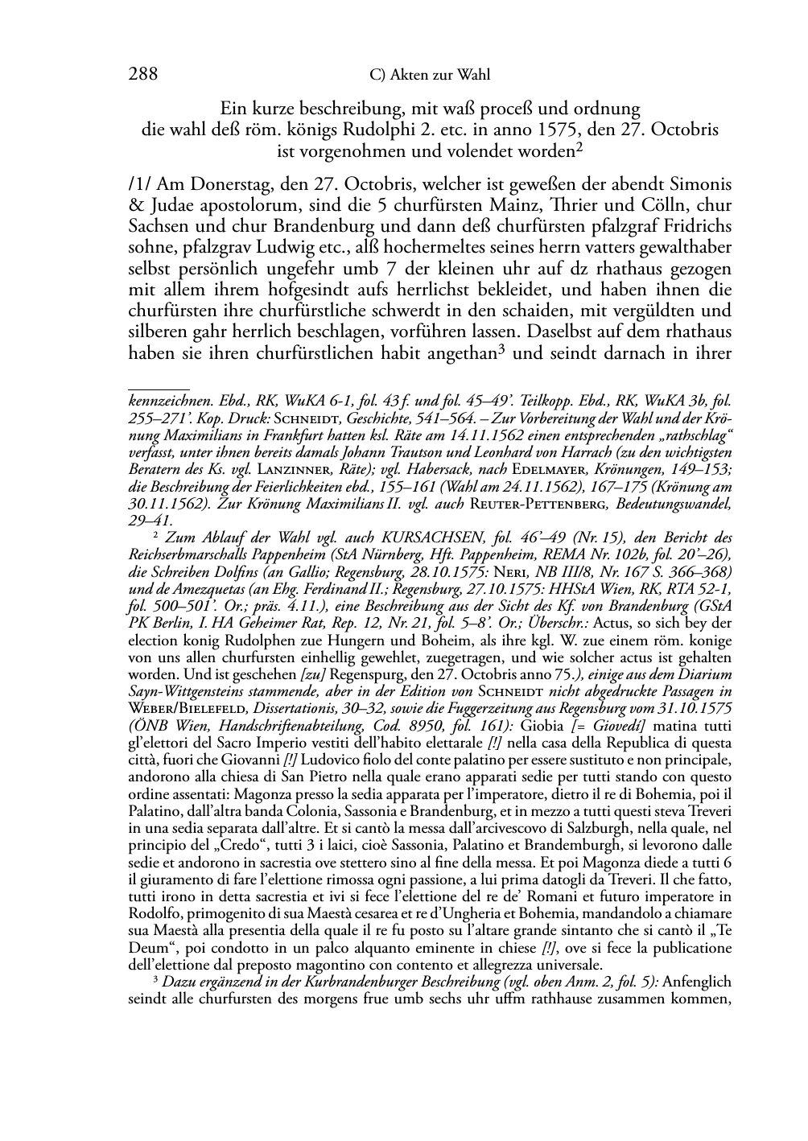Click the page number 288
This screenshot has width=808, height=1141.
[x=143, y=75]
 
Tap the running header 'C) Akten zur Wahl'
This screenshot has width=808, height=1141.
[x=429, y=76]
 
